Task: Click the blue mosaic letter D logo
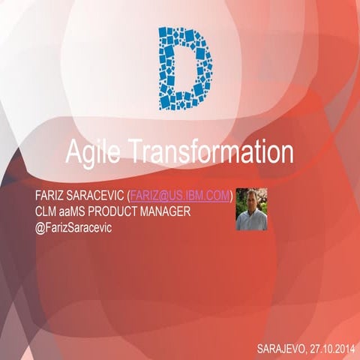(x=181, y=68)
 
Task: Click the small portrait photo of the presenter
(x=251, y=208)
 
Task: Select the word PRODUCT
(x=119, y=211)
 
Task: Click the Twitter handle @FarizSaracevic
(x=73, y=226)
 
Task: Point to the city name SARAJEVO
(x=281, y=348)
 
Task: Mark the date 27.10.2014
(x=331, y=348)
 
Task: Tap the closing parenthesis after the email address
(x=231, y=196)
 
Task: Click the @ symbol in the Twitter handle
(x=40, y=226)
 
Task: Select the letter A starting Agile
(x=72, y=152)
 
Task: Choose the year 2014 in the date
(x=343, y=348)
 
